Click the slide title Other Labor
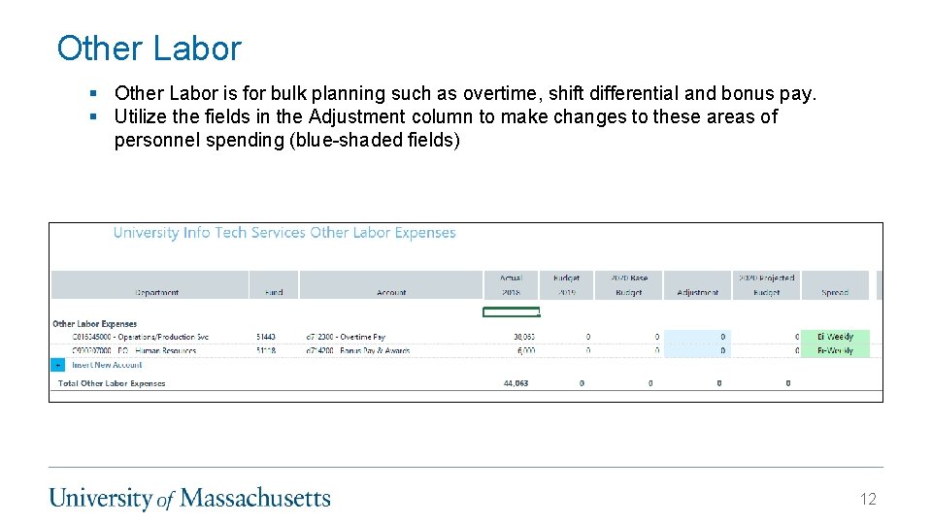(x=149, y=49)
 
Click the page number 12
(x=867, y=499)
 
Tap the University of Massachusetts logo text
(x=190, y=499)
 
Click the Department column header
(x=157, y=291)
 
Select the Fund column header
(x=274, y=291)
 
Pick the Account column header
(x=391, y=291)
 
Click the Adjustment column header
(x=697, y=291)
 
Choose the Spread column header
(x=835, y=291)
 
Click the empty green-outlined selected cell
(x=511, y=311)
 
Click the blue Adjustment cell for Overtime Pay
(x=697, y=337)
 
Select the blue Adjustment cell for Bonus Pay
(x=697, y=350)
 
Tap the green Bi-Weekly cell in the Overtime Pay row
(x=835, y=337)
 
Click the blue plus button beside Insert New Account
(x=57, y=365)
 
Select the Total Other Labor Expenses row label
(x=112, y=383)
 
